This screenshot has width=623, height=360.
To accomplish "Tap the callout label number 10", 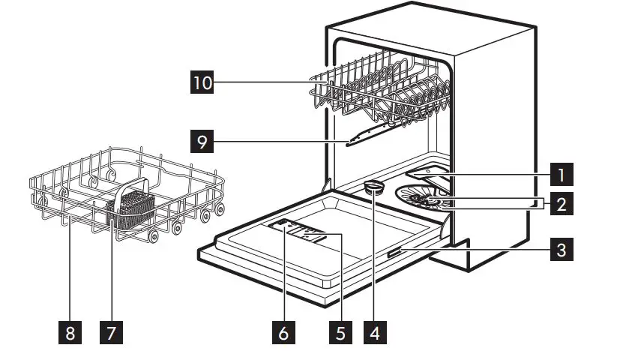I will coord(200,82).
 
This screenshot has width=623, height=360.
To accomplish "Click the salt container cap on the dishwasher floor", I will coord(373,187).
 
